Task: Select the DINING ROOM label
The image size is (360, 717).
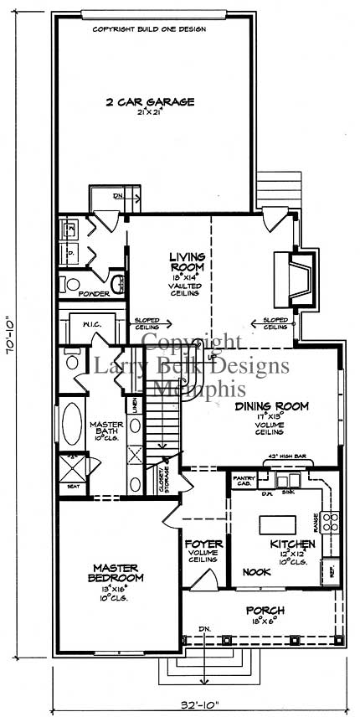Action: click(271, 406)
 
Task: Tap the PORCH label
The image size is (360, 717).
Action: click(265, 609)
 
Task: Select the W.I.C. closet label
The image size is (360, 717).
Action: click(91, 324)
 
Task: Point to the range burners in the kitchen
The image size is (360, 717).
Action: click(331, 524)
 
